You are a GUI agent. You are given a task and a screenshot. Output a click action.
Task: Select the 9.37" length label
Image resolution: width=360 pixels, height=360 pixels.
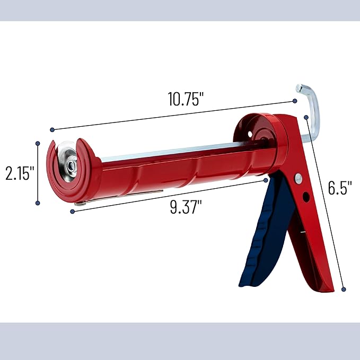click(186, 207)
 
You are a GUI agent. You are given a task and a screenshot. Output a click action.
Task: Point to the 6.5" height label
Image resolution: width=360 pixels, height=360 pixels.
click(340, 188)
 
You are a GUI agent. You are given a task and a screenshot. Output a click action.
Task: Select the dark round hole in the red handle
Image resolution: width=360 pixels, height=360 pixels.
click(306, 198)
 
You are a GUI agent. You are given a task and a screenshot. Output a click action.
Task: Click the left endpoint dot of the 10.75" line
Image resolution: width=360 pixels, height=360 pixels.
click(52, 130)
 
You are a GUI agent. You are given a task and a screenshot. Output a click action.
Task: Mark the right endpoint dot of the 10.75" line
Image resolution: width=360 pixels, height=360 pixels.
click(295, 101)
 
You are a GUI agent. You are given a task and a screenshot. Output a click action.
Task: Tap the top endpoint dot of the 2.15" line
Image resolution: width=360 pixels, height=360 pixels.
click(37, 143)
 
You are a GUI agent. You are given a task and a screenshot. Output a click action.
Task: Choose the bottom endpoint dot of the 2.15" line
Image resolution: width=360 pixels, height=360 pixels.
click(37, 202)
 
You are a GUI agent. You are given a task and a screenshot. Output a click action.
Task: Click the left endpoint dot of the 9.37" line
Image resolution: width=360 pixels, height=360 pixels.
click(72, 212)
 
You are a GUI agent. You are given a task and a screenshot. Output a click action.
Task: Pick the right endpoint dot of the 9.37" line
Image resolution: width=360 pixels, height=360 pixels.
click(266, 180)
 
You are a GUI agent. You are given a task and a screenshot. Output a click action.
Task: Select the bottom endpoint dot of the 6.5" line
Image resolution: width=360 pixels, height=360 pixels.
click(344, 289)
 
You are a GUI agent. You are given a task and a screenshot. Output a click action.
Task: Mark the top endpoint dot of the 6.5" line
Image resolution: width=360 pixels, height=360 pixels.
click(306, 117)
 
